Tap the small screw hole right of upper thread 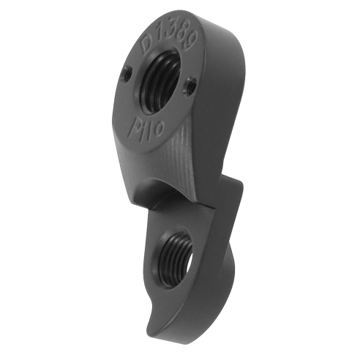click(192, 86)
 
